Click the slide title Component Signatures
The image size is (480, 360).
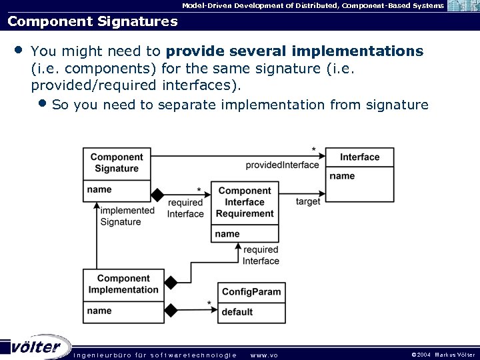coord(92,21)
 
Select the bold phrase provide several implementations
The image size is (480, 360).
coord(294,51)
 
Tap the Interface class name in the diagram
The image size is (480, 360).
coord(359,157)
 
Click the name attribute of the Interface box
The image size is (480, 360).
coord(342,176)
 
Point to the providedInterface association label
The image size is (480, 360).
coord(282,165)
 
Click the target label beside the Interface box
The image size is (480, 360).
coord(308,201)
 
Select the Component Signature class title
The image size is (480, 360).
coord(117,163)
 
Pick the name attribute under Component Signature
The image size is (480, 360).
coord(99,189)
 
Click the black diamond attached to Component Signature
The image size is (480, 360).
coord(157,195)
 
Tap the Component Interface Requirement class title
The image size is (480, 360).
coord(245,202)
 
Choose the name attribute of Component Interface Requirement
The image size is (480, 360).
coord(227,234)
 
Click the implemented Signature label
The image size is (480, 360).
coord(127,216)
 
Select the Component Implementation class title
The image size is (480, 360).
coord(123,284)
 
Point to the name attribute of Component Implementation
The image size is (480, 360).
coord(99,311)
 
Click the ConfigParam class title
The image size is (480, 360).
coord(251,292)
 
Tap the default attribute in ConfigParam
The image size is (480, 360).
coord(237,311)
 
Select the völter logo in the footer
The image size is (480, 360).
coord(37,347)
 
